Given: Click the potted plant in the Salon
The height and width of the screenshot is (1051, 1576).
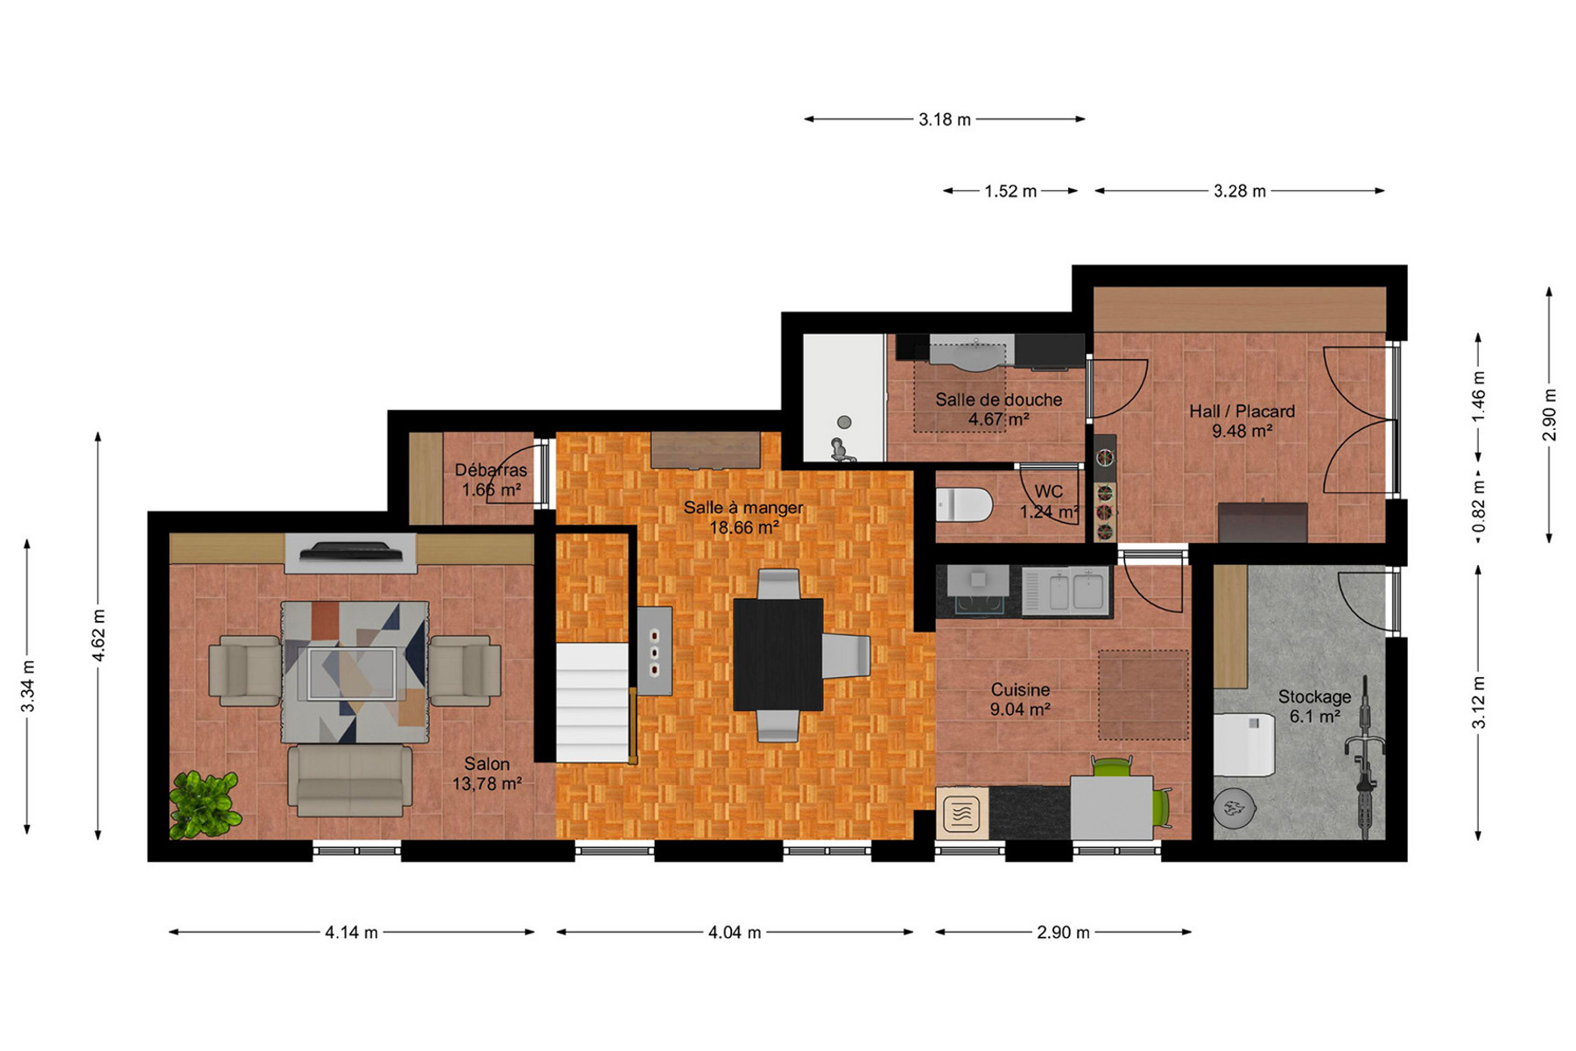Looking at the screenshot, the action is [205, 804].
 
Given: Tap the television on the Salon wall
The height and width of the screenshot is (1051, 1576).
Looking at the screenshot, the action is [350, 551].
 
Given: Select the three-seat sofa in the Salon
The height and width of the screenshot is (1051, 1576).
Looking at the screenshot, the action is [350, 779].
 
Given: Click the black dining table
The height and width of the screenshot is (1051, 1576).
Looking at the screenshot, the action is [777, 654].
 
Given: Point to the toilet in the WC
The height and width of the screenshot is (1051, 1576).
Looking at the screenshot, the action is [964, 505].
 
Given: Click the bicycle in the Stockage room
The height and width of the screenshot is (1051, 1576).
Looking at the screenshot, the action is [1364, 758].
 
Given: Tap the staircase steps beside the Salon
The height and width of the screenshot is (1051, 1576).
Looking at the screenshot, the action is [593, 702].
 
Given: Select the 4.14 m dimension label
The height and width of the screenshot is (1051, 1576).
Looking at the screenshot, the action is [351, 933].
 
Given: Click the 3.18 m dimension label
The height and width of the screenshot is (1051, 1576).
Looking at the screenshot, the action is [945, 119].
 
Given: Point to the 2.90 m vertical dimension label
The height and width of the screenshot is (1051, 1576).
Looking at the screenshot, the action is [1550, 414].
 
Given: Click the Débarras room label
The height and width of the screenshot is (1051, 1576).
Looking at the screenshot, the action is [491, 470].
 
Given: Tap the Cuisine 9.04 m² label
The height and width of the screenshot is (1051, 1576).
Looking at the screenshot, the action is [1020, 700].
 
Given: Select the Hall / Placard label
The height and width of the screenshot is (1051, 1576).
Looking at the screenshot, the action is [1242, 411].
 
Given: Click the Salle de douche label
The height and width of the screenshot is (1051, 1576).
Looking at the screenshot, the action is [998, 399].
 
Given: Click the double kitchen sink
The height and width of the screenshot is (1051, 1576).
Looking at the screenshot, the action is [1067, 591].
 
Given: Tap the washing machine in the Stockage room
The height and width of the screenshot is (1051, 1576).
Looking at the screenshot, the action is [1243, 744].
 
